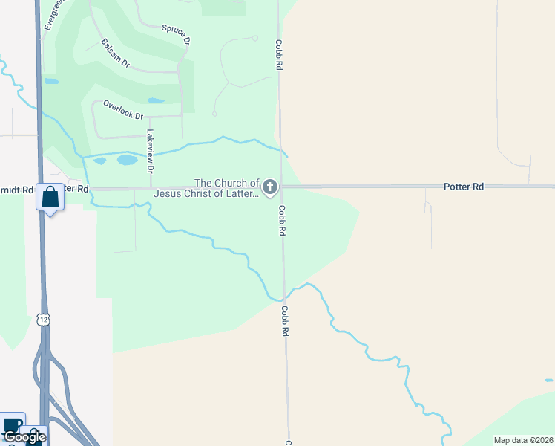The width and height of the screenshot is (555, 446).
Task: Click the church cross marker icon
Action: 270,187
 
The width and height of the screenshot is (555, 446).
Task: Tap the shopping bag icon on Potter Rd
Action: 50,198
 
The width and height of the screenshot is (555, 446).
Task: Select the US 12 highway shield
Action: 45,317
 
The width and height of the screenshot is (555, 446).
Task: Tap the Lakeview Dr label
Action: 150,152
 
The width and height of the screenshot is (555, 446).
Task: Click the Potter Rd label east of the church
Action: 464,187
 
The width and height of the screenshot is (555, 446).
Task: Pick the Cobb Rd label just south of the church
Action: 283,221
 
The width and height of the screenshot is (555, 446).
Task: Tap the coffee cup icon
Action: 13,425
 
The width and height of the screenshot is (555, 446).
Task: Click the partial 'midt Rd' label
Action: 17,190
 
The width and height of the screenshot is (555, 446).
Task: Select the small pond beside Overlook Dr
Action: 156,100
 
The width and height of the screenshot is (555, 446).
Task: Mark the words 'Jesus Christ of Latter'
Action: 206,194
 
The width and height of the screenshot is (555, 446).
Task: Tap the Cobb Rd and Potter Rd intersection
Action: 280,187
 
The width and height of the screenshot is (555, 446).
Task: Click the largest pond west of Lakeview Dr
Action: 127,160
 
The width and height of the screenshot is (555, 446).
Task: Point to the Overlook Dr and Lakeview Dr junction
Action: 150,117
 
